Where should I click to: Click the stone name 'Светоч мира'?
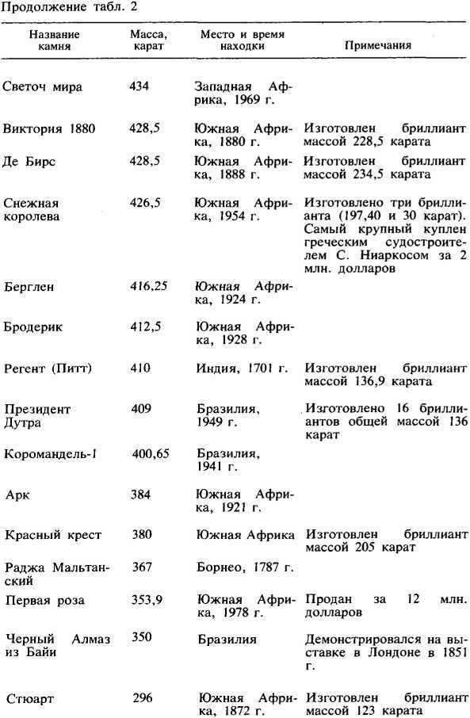43,86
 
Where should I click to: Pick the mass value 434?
140,86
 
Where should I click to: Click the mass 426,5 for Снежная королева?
145,203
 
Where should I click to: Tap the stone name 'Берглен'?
29,287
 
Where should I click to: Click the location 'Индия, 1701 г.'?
243,369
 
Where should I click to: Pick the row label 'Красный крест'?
53,535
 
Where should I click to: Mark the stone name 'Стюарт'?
31,699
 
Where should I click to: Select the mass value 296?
143,697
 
